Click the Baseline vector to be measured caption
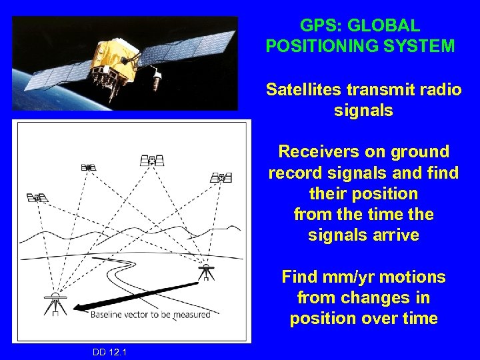[x=151, y=314]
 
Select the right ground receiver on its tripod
[x=207, y=272]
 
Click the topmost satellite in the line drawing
[x=152, y=161]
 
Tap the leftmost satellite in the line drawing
[x=38, y=197]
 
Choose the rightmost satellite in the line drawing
[x=221, y=178]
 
